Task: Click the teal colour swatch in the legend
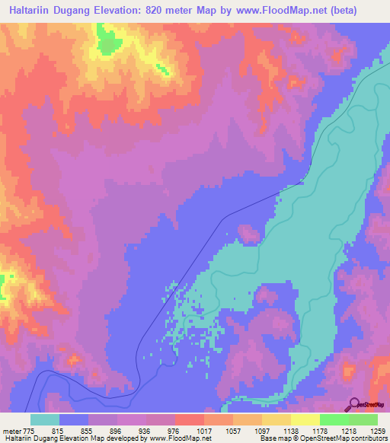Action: (45, 419)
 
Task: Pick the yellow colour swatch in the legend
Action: (305, 419)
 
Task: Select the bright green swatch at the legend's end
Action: (363, 419)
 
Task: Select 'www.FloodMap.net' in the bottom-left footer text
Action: (170, 438)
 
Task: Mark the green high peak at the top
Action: (109, 42)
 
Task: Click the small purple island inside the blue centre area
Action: (248, 233)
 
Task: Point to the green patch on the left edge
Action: (2, 286)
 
